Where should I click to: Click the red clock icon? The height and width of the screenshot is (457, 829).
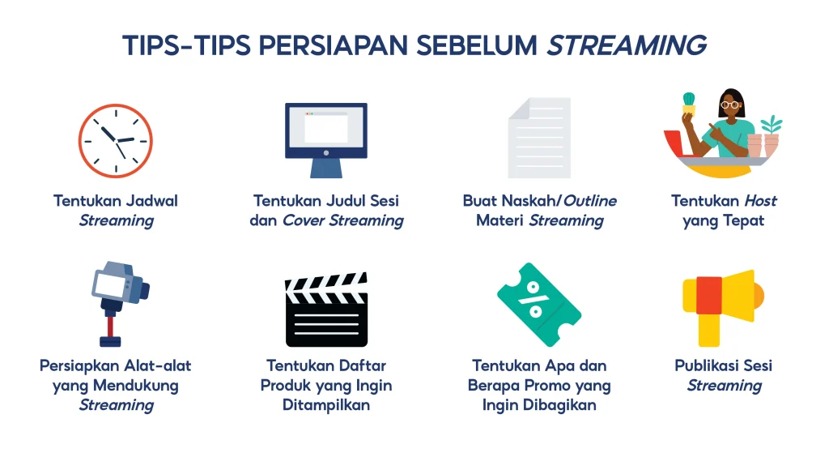click(116, 141)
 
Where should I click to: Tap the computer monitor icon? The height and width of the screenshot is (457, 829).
click(325, 134)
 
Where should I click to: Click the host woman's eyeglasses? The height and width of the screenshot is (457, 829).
click(730, 104)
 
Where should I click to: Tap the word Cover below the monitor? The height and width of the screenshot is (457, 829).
click(302, 220)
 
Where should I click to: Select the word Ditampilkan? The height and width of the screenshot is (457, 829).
click(326, 404)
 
